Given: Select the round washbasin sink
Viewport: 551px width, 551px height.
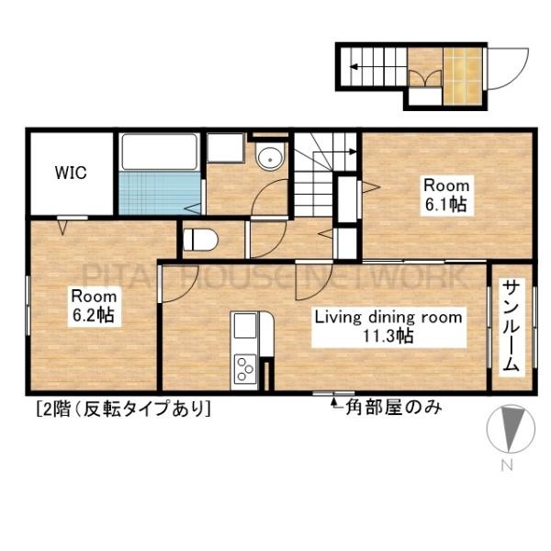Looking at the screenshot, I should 270,157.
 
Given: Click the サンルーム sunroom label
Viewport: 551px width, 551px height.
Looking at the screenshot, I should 511,325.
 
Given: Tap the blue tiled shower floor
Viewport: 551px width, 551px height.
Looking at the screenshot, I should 159,191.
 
